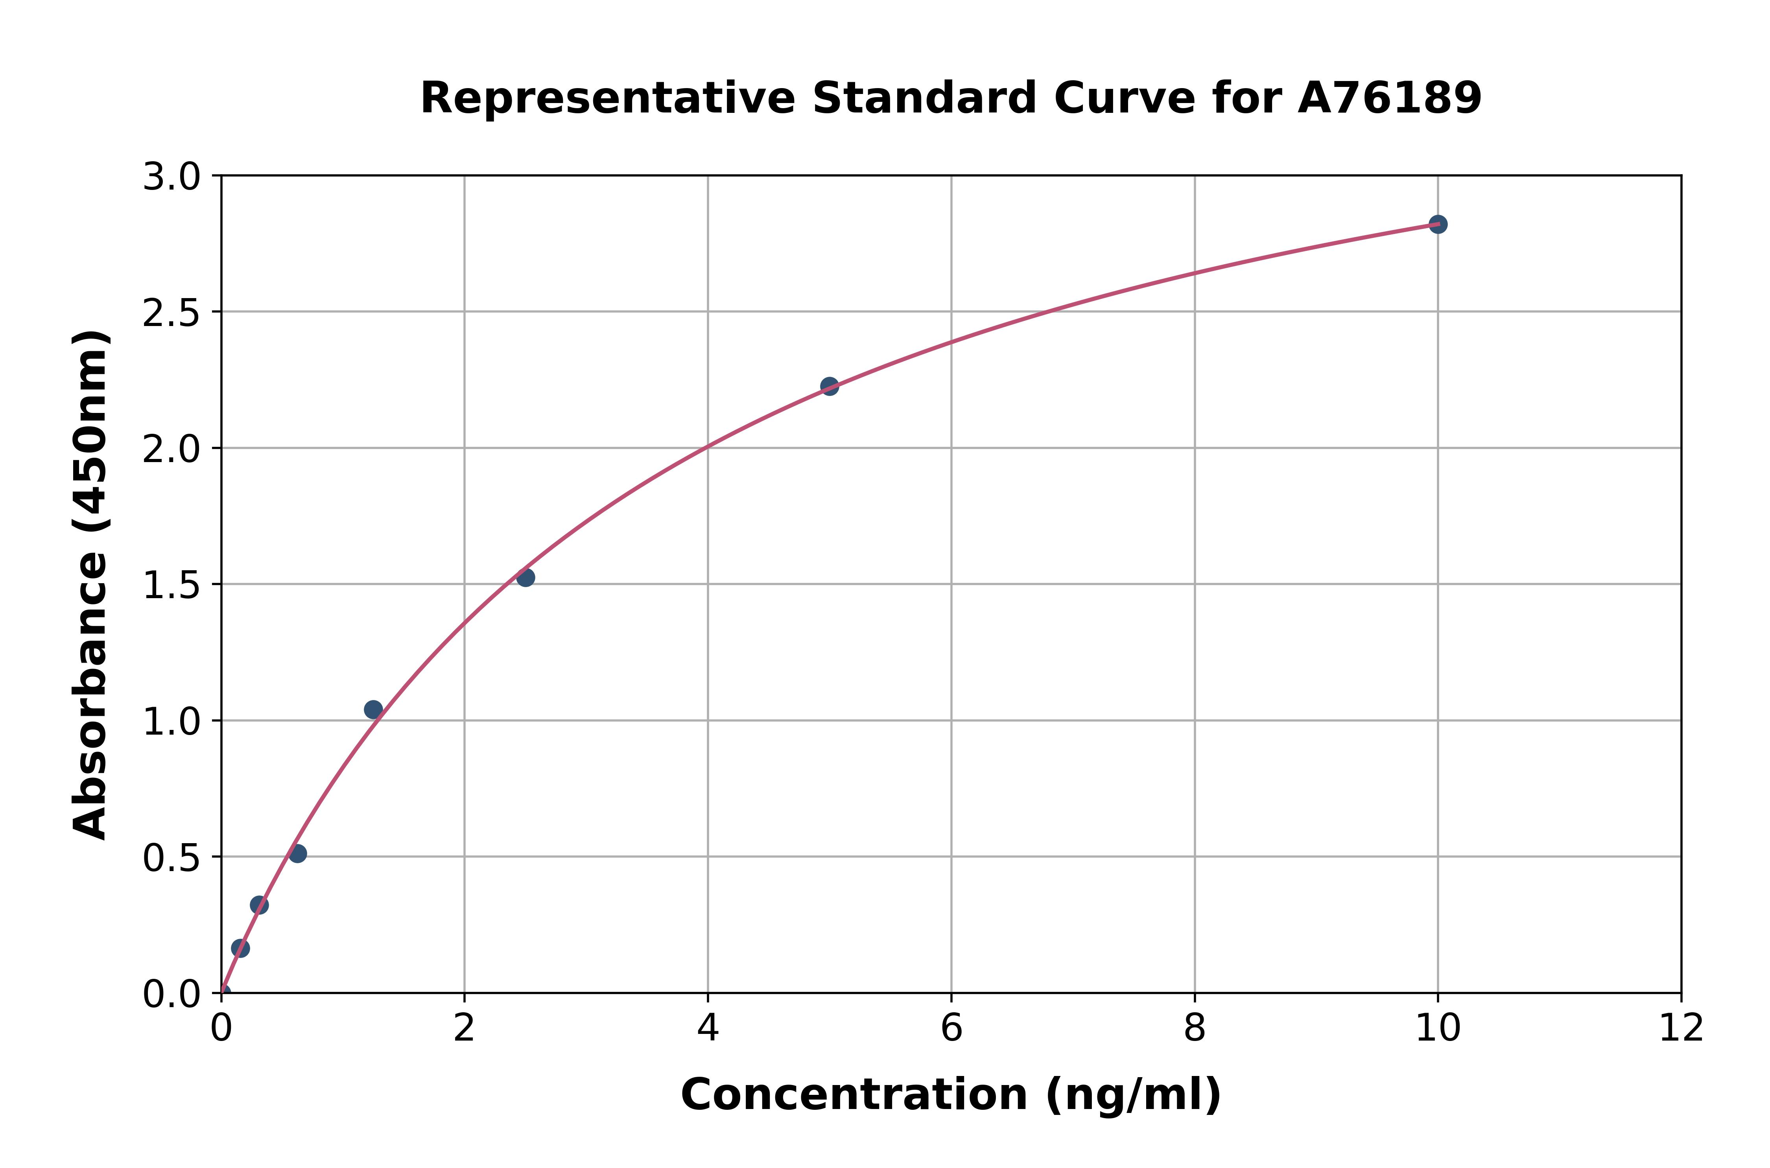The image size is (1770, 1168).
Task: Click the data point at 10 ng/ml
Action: click(x=1438, y=224)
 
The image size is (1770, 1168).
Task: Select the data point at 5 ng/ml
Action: click(x=829, y=386)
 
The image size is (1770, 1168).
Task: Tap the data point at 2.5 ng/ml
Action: click(x=525, y=577)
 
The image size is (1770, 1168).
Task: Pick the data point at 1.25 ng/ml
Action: click(x=373, y=709)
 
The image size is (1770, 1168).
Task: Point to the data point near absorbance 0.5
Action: click(x=297, y=853)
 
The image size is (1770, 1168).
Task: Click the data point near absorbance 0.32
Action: click(x=259, y=905)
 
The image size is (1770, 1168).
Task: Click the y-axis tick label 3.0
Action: click(x=171, y=177)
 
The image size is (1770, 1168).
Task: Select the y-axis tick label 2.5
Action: click(x=171, y=313)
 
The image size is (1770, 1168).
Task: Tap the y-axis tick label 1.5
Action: click(x=171, y=586)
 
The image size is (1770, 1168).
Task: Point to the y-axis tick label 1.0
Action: click(x=171, y=722)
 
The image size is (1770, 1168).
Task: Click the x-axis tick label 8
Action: click(x=1194, y=1029)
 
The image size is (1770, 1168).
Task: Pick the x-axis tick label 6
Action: click(x=951, y=1029)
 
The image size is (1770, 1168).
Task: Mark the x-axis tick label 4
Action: click(x=708, y=1029)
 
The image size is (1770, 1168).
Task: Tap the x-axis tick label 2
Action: click(x=464, y=1029)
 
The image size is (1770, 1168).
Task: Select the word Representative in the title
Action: click(x=608, y=98)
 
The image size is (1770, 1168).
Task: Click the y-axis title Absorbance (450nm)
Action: click(x=91, y=585)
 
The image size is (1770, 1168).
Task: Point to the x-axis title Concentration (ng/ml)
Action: click(x=951, y=1095)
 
